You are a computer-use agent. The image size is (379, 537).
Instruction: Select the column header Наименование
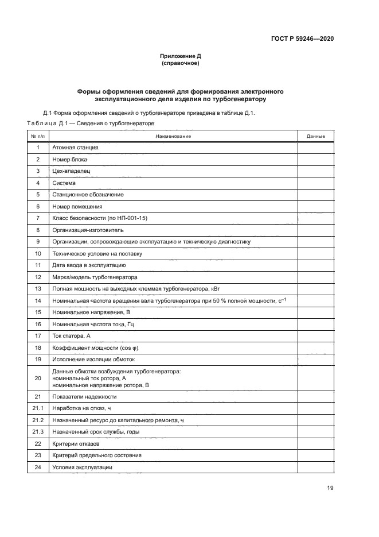pos(173,136)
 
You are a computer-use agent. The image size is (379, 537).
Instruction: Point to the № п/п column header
pos(38,136)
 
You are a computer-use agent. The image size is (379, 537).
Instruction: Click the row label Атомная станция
pos(75,148)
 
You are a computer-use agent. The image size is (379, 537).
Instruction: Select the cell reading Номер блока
pos(70,159)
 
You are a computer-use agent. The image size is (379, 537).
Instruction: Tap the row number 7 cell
pos(38,218)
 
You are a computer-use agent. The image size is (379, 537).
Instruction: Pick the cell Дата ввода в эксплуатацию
pos(89,265)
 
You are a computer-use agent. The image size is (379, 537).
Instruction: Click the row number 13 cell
pos(38,289)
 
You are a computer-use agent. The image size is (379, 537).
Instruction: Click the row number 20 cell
pos(38,378)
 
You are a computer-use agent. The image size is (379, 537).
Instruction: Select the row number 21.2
pos(38,420)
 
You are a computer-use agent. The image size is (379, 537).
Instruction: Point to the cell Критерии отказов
pos(75,444)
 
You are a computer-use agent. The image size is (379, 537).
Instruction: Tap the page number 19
pos(330,488)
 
